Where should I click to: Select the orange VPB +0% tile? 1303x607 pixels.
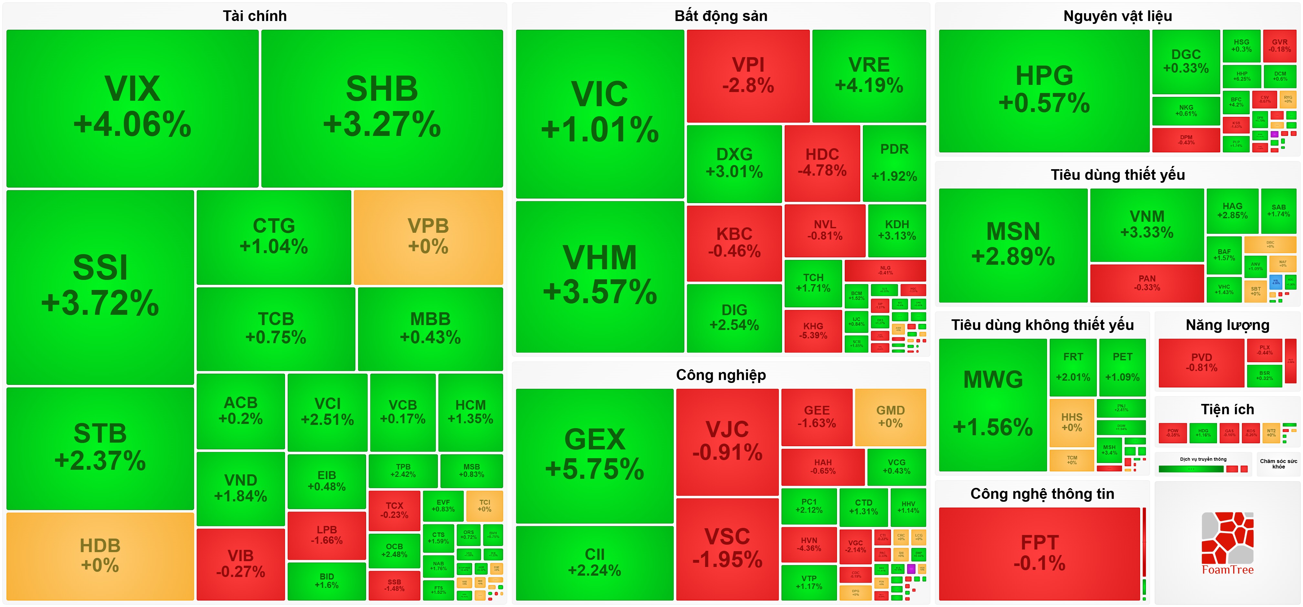(428, 237)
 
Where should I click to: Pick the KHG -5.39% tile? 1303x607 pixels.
(813, 331)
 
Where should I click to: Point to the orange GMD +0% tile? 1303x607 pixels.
(890, 417)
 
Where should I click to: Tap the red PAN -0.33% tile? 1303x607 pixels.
(1147, 283)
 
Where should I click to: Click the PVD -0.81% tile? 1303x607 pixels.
(1201, 362)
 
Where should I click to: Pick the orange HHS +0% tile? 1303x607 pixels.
(1071, 423)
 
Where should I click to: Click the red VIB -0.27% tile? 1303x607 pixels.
(240, 563)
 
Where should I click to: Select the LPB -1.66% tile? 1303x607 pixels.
(326, 535)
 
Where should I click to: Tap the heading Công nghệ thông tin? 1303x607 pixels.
(1042, 493)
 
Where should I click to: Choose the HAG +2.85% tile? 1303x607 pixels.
(1232, 210)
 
